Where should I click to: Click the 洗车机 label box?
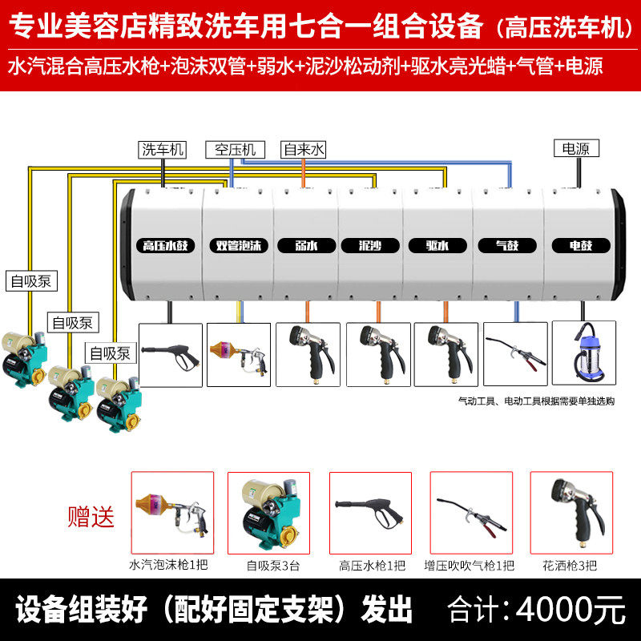point(163,149)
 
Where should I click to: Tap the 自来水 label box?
point(304,149)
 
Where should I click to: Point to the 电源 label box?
point(574,148)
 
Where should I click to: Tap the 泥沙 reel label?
point(370,246)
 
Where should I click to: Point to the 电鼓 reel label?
point(581,246)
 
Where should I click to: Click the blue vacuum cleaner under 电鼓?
point(584,355)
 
